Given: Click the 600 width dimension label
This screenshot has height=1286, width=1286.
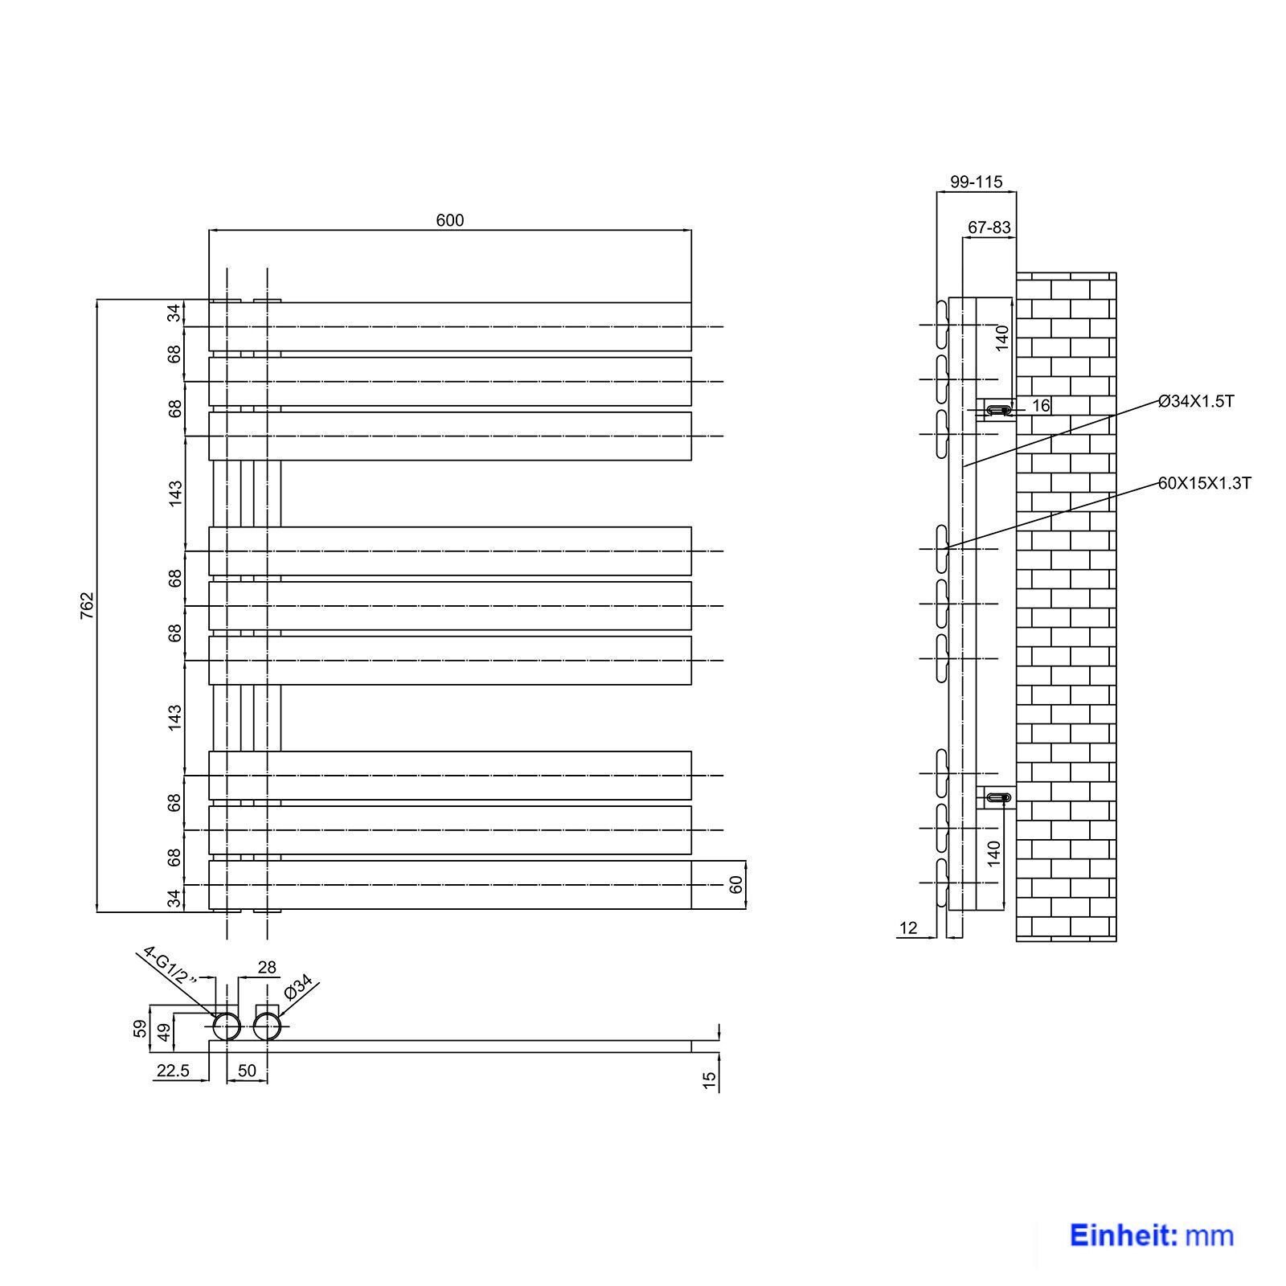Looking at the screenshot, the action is [x=450, y=220].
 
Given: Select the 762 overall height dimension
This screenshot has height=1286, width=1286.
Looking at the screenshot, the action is [x=88, y=605].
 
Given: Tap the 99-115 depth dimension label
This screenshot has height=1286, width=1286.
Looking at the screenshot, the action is [x=977, y=182].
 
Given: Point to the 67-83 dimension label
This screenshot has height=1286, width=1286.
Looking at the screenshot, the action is [x=989, y=227].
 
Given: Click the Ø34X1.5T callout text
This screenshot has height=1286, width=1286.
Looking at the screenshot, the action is [x=1196, y=401].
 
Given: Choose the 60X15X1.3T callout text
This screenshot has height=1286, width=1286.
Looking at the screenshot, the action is [x=1205, y=483].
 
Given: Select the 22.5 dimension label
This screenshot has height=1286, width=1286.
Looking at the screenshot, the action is [x=173, y=1071].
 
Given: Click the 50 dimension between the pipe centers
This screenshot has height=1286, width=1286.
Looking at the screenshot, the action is [x=247, y=1071].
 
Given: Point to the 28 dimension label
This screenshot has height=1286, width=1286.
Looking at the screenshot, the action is [x=267, y=968].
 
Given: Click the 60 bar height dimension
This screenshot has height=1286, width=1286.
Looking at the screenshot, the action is [x=736, y=885].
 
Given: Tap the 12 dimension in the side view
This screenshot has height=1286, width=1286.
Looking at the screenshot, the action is [x=908, y=928].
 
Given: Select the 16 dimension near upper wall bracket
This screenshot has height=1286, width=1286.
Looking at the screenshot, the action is [x=1041, y=406].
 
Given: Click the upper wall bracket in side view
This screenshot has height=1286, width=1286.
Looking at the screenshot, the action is [x=997, y=410].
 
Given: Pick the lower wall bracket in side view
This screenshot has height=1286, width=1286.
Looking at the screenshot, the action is [x=997, y=797].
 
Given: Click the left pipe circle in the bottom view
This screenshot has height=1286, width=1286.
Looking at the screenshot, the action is [x=227, y=1026].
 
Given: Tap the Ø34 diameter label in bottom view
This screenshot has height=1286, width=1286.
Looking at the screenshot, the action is [x=298, y=988].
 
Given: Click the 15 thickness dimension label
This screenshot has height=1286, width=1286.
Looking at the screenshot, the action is [x=709, y=1080].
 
